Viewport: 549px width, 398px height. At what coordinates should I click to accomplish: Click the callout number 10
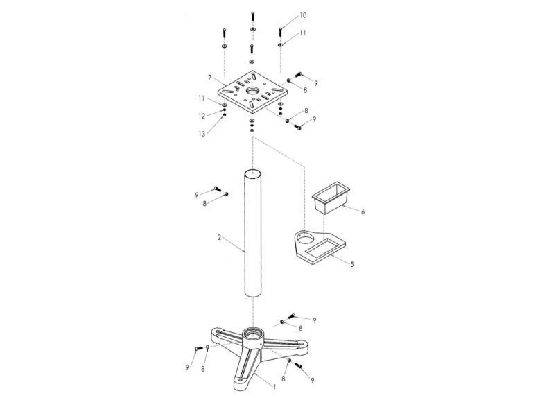pyautogui.click(x=303, y=15)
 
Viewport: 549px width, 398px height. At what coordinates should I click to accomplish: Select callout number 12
pyautogui.click(x=202, y=115)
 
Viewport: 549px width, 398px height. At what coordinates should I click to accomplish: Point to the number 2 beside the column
pyautogui.click(x=219, y=237)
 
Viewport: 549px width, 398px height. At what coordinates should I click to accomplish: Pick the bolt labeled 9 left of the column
pyautogui.click(x=216, y=189)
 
